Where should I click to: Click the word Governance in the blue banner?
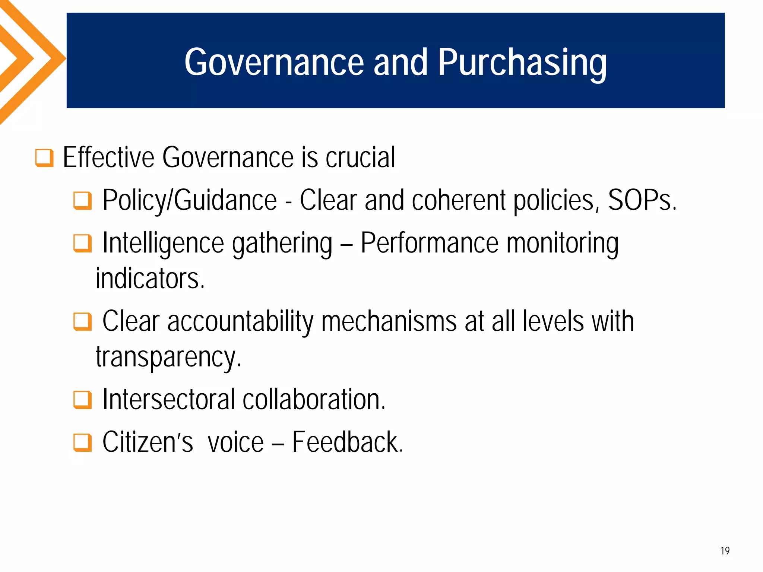pyautogui.click(x=274, y=63)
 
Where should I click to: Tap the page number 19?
pyautogui.click(x=725, y=551)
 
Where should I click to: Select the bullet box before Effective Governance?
pyautogui.click(x=44, y=158)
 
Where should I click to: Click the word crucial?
pyautogui.click(x=360, y=158)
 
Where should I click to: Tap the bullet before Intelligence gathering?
pyautogui.click(x=82, y=244)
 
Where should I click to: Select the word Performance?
pyautogui.click(x=430, y=244)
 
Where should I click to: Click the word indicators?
pyautogui.click(x=150, y=279)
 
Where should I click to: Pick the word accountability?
pyautogui.click(x=241, y=322)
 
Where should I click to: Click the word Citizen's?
pyautogui.click(x=148, y=442)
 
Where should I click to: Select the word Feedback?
pyautogui.click(x=347, y=442)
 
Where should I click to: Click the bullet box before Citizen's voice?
pyautogui.click(x=82, y=442)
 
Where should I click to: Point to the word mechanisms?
pyautogui.click(x=389, y=322)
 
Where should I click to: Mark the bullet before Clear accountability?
pyautogui.click(x=82, y=322)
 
